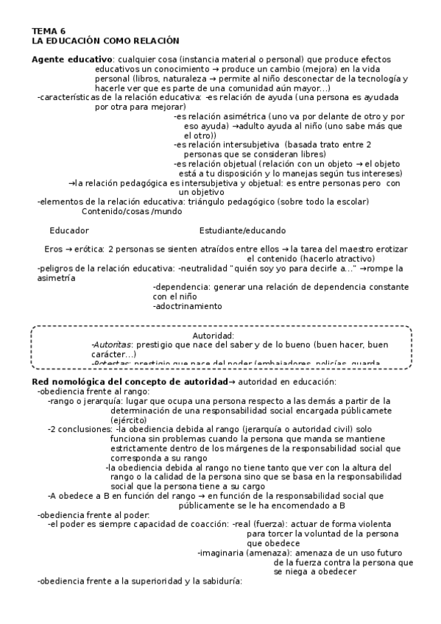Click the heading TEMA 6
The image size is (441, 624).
[x=49, y=31]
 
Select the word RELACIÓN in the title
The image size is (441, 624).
[x=157, y=40]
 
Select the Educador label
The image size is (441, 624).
[x=68, y=230]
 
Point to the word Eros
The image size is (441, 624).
[x=54, y=249]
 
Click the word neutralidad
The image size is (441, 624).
[x=202, y=269]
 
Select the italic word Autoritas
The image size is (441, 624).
[x=106, y=344]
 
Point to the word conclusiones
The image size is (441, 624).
[x=84, y=429]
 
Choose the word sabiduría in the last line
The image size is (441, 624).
[x=215, y=581]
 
